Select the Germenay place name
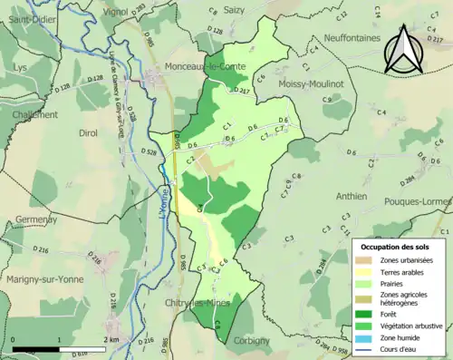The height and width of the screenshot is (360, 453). pos(36,219)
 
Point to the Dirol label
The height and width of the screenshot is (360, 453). pos(89,132)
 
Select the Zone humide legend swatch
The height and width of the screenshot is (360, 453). pos(367,337)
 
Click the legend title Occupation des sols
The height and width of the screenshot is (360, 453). pos(396,247)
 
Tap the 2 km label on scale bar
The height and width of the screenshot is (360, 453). pos(110,339)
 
